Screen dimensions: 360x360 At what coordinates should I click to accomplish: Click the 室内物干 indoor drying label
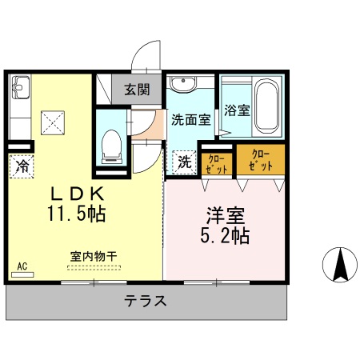pos(94,256)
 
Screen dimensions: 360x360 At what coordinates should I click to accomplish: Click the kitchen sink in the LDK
pos(21,86)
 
